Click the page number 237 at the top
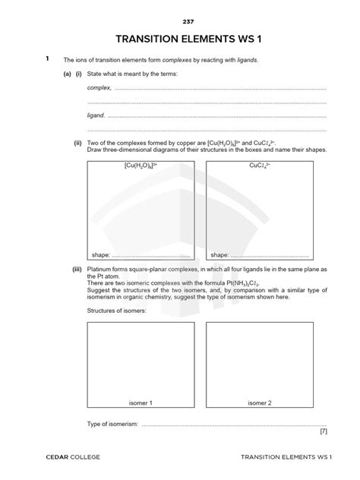click(x=180, y=21)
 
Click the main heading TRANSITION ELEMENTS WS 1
click(x=180, y=39)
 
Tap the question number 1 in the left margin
click(x=47, y=58)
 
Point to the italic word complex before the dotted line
click(x=99, y=88)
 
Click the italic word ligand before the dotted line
click(x=96, y=115)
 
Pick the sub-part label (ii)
click(x=77, y=143)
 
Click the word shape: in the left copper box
click(x=101, y=255)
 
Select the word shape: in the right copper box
click(x=220, y=255)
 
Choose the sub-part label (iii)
click(x=77, y=270)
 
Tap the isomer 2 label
click(x=260, y=402)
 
